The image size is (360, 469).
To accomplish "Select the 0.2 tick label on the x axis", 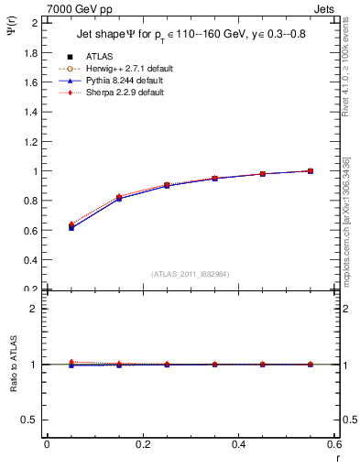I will pyautogui.click(x=143, y=445).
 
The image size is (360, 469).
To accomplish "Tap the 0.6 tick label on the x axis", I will pyautogui.click(x=335, y=445).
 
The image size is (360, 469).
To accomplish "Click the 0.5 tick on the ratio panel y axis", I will pyautogui.click(x=32, y=420).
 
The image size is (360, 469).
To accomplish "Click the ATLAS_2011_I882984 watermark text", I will pyautogui.click(x=191, y=273).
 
